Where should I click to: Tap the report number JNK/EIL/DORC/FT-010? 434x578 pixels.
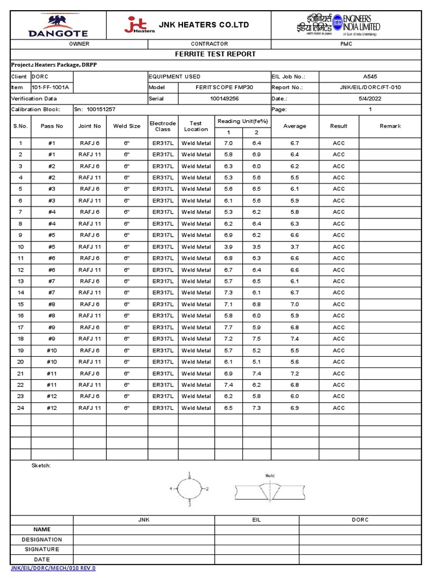370,87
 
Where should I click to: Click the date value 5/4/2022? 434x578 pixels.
370,99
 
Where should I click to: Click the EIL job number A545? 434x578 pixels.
370,76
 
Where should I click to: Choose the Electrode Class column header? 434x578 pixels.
163,126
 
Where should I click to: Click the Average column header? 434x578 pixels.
294,126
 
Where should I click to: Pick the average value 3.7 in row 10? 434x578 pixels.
294,247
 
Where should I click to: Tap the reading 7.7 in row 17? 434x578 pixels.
228,327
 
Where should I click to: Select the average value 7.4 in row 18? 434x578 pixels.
294,339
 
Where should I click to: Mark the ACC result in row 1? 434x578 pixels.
338,143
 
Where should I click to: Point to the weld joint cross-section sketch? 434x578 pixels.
270,489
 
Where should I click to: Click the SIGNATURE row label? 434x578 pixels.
41,549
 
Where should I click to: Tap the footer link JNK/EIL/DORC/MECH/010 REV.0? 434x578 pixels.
54,568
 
